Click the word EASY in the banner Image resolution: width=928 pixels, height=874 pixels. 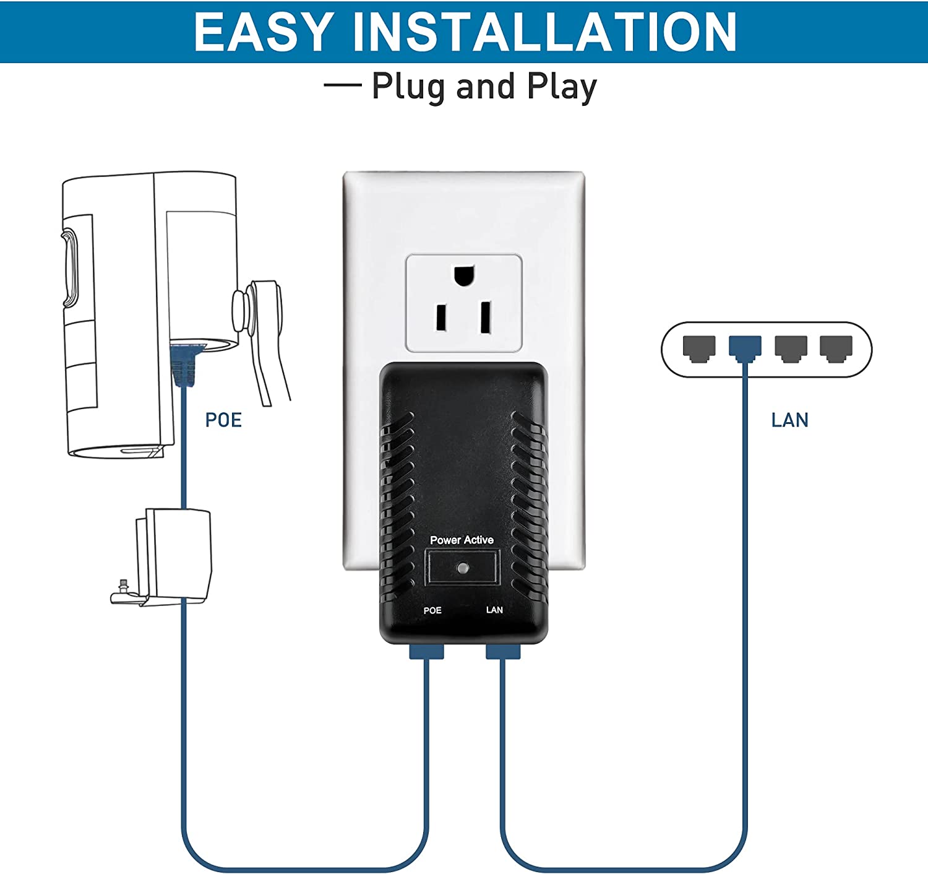[263, 32]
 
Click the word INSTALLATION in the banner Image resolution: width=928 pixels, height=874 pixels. [544, 32]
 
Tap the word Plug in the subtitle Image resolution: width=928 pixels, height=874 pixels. [408, 87]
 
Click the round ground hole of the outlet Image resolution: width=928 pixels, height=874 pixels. [464, 275]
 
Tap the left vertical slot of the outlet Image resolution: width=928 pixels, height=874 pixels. [442, 318]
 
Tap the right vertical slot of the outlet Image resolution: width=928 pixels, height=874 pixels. [486, 317]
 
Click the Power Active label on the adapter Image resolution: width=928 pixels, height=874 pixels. [462, 540]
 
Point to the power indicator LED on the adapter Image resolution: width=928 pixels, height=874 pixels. [462, 567]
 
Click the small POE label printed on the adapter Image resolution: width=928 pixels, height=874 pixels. [432, 610]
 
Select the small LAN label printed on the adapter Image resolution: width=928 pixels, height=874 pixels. [494, 610]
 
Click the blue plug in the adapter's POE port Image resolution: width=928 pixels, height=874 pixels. [427, 651]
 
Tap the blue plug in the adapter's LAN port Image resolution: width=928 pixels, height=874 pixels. [503, 651]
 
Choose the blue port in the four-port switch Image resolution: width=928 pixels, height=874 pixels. [745, 348]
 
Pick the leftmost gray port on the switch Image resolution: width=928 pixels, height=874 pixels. [699, 348]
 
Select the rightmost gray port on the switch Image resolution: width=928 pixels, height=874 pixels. [836, 348]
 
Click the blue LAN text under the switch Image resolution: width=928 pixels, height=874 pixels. [789, 420]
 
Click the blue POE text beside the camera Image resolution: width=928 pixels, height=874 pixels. [223, 420]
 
